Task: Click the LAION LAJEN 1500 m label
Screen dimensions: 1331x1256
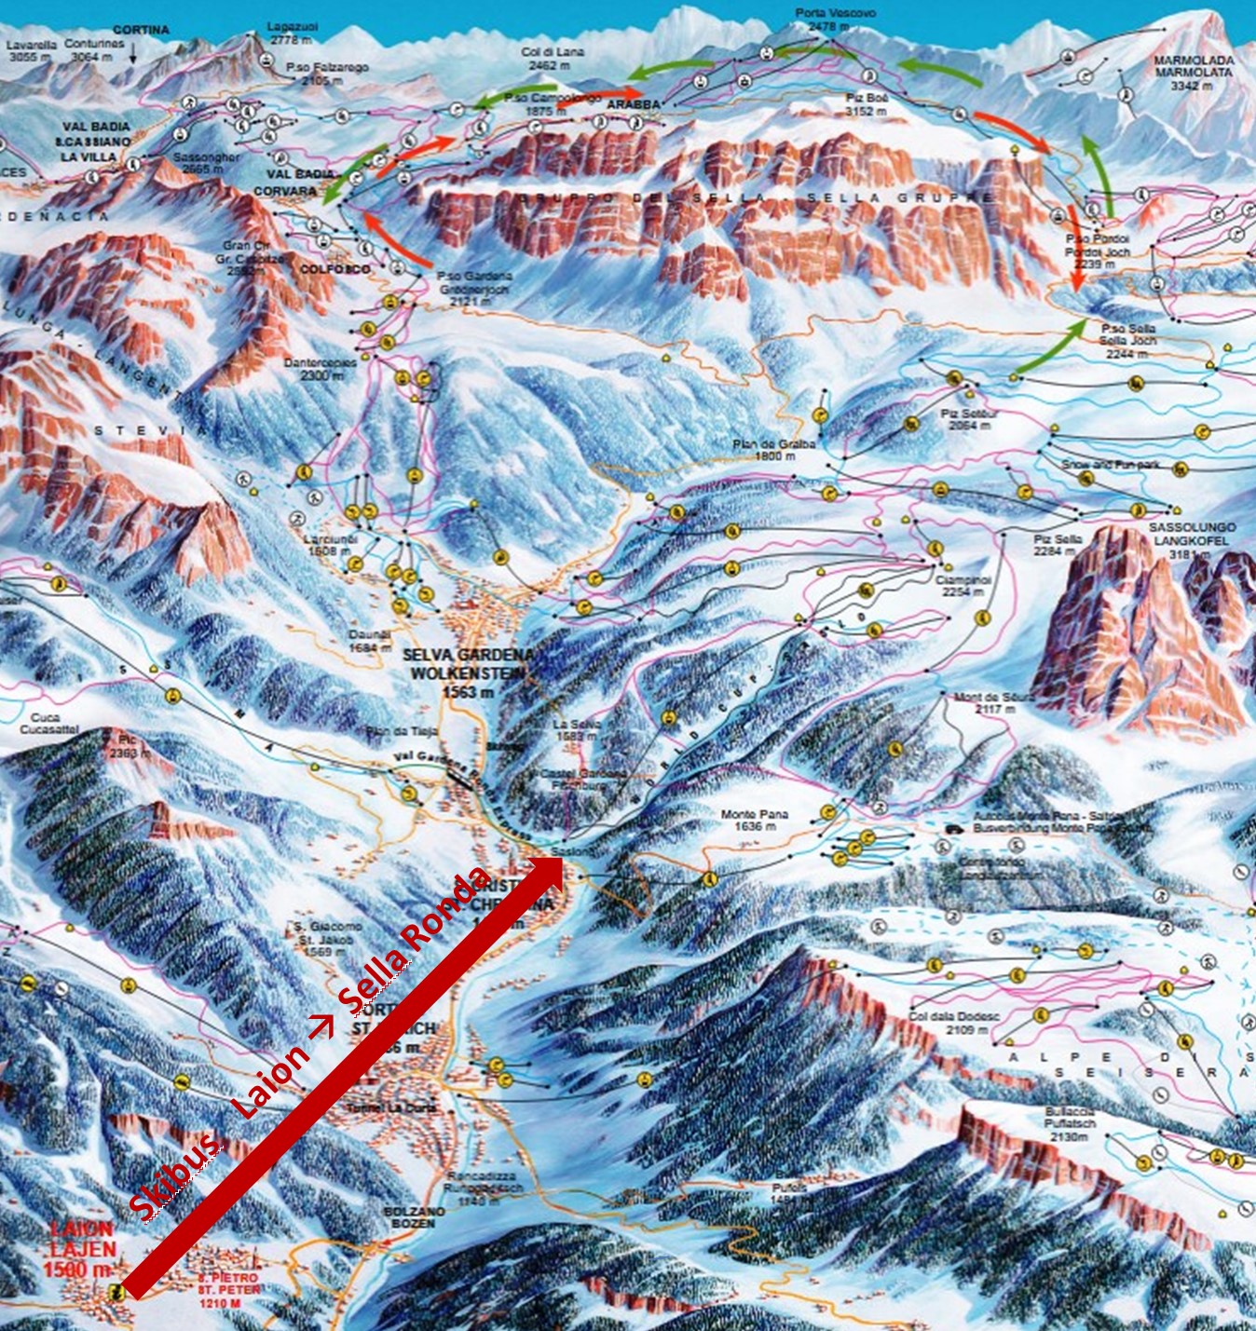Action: click(82, 1249)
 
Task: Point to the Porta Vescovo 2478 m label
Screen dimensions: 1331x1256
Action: click(822, 20)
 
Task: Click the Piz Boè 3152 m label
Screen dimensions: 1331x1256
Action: click(866, 104)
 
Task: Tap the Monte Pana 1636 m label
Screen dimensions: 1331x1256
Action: click(754, 820)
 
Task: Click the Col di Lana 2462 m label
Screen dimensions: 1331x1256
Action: click(553, 59)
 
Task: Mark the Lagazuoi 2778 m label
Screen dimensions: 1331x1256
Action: click(293, 34)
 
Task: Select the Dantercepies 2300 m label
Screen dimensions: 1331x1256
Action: click(320, 369)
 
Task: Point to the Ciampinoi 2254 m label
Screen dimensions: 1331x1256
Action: click(963, 585)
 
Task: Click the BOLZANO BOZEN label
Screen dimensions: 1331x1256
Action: click(408, 1216)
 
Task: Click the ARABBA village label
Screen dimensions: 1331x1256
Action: click(633, 105)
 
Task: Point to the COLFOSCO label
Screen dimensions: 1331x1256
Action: click(334, 269)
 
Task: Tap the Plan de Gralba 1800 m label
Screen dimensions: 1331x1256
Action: click(773, 450)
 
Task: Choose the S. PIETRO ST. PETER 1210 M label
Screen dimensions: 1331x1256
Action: click(228, 1289)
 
